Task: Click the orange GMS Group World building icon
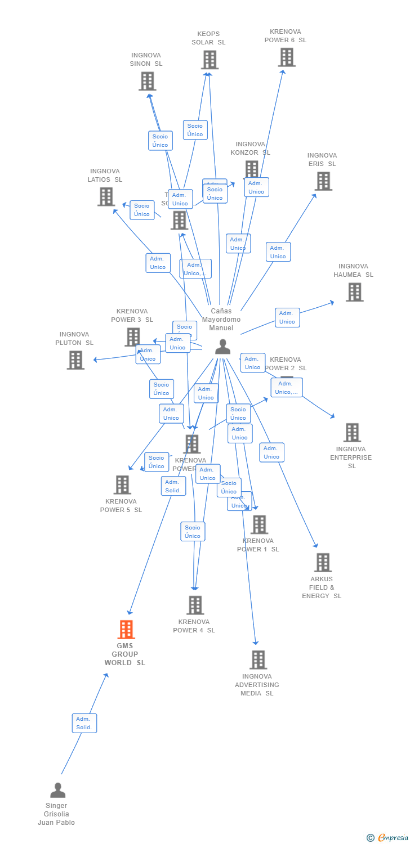(x=126, y=629)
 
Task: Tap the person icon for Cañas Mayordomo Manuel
(x=222, y=347)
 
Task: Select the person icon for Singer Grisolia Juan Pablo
(x=57, y=791)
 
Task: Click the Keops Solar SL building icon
(x=210, y=60)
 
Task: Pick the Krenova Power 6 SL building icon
(x=286, y=57)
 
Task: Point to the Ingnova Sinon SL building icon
(x=147, y=81)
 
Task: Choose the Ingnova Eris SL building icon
(x=323, y=181)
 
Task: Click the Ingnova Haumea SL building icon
(x=354, y=292)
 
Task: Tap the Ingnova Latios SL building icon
(x=106, y=196)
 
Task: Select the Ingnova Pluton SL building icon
(x=75, y=360)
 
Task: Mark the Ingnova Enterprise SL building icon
(x=352, y=433)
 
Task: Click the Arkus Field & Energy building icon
(x=323, y=562)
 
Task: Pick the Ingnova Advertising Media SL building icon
(x=258, y=659)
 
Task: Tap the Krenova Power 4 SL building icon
(x=195, y=605)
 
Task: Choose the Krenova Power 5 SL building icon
(x=122, y=484)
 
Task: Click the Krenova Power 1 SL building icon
(x=259, y=524)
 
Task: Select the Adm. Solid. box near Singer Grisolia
(x=84, y=723)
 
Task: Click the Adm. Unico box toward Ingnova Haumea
(x=287, y=317)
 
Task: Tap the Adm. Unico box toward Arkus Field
(x=271, y=452)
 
